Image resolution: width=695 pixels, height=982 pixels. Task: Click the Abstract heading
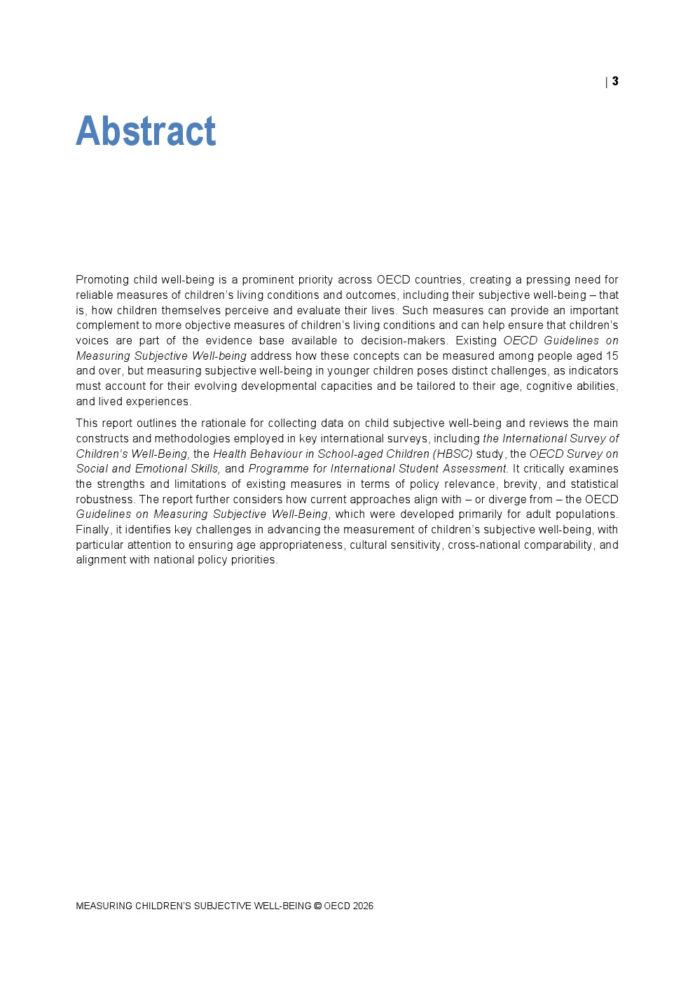(x=146, y=131)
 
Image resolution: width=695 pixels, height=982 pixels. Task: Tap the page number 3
(x=615, y=81)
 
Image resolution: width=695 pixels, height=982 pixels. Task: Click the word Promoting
(x=102, y=280)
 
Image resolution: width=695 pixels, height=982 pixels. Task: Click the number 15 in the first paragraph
(x=612, y=356)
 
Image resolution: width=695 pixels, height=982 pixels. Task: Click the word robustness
(x=106, y=500)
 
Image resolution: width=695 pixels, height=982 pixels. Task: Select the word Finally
(x=92, y=530)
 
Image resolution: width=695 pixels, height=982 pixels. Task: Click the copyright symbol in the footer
(x=317, y=906)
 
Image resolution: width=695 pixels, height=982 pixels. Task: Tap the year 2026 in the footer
(x=363, y=906)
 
